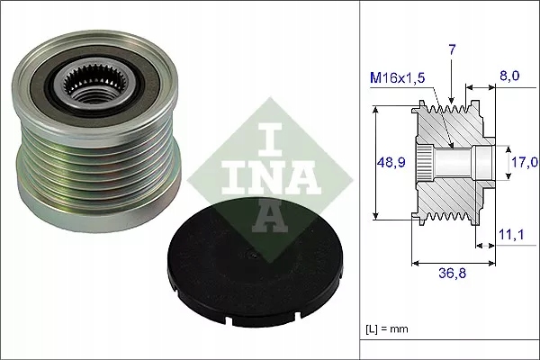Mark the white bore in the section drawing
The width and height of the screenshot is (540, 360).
click(x=468, y=162)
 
